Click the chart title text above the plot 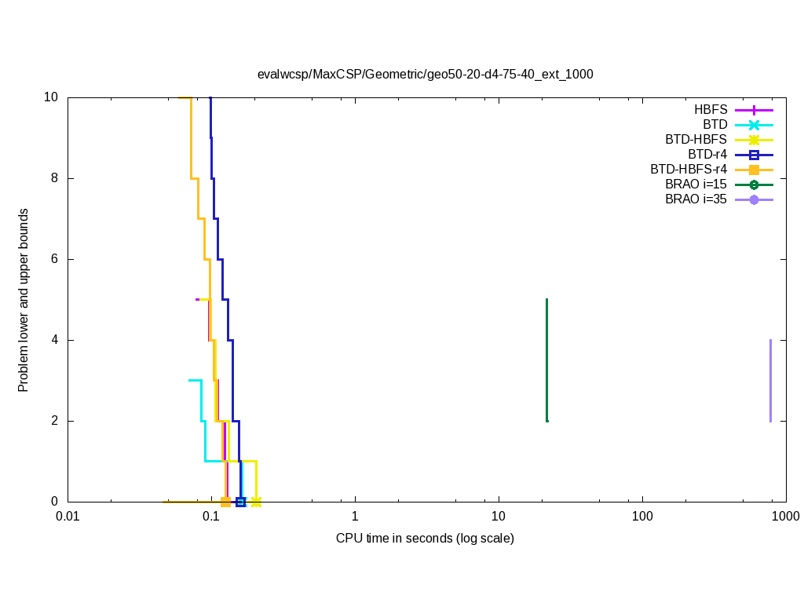pyautogui.click(x=425, y=75)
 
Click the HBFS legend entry pyautogui.click(x=711, y=110)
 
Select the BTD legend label pyautogui.click(x=714, y=125)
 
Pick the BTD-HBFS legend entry pyautogui.click(x=696, y=140)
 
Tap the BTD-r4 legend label pyautogui.click(x=707, y=155)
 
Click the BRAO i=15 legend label pyautogui.click(x=696, y=185)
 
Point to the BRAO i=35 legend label pyautogui.click(x=696, y=199)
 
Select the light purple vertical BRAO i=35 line pyautogui.click(x=770, y=380)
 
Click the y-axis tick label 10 pyautogui.click(x=51, y=97)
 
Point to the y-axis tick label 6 pyautogui.click(x=54, y=259)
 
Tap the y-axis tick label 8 pyautogui.click(x=54, y=178)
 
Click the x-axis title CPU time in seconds pyautogui.click(x=425, y=539)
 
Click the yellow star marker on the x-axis pyautogui.click(x=256, y=502)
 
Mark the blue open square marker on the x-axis pyautogui.click(x=240, y=502)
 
